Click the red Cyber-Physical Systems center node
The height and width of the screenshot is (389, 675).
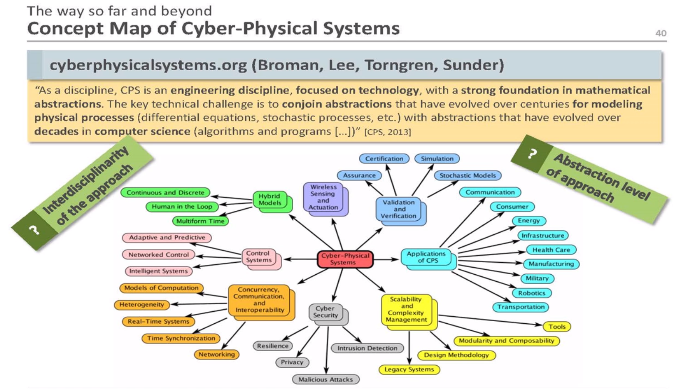(345, 259)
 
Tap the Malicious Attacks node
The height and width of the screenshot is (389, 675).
(325, 379)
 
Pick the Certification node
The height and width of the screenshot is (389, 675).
(384, 159)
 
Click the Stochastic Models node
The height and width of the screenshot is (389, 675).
(467, 175)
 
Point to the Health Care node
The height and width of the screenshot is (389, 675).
(551, 250)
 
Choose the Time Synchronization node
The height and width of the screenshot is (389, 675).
(181, 338)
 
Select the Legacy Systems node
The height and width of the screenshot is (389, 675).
(409, 369)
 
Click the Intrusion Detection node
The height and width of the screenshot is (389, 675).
(367, 348)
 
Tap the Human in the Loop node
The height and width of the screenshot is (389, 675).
(182, 207)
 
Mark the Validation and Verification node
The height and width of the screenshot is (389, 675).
(399, 209)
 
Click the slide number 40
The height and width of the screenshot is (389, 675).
(660, 33)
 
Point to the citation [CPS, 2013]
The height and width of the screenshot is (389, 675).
(387, 132)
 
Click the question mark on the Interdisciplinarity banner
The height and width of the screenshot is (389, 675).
(34, 229)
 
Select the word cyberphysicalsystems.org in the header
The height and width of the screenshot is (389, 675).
(148, 65)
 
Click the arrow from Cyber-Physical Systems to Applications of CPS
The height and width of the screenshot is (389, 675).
(387, 259)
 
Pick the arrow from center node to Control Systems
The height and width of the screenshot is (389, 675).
(300, 259)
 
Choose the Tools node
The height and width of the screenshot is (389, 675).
(557, 327)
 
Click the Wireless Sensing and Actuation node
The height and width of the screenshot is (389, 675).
(323, 197)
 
